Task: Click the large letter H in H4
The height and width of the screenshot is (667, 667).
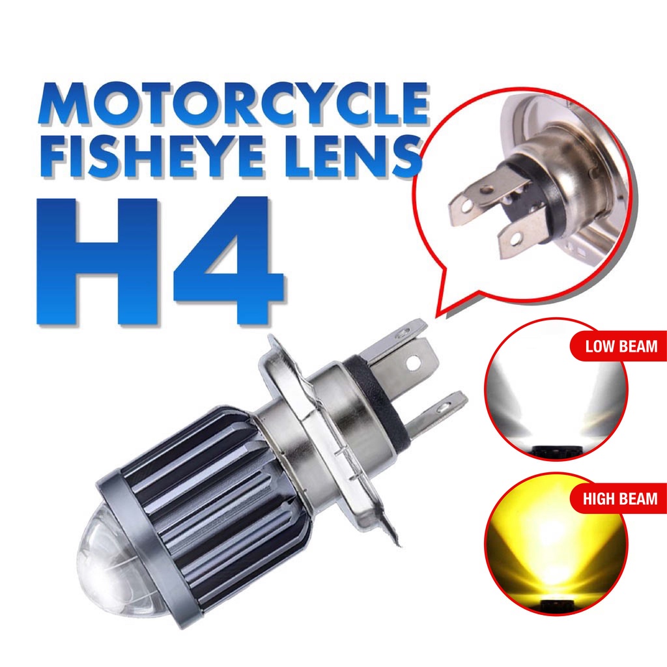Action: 98,261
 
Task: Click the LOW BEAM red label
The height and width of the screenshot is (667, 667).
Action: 619,346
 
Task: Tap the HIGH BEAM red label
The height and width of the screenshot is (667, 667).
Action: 619,500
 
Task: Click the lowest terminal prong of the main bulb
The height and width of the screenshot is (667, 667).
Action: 436,410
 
